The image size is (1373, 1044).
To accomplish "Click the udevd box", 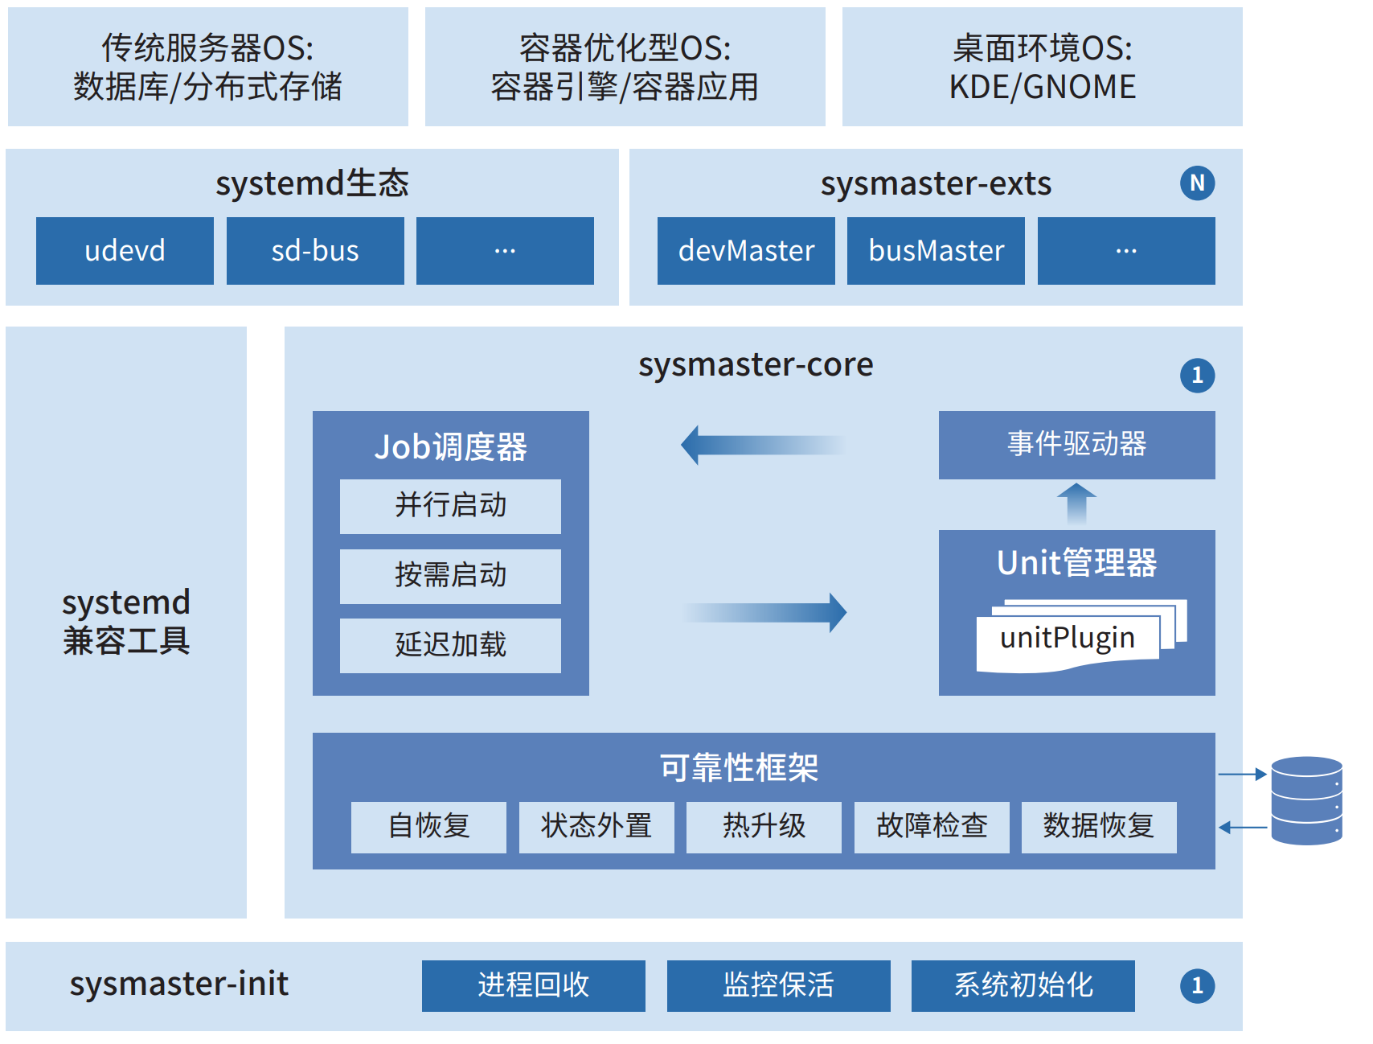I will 125,251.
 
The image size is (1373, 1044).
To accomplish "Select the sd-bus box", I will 315,251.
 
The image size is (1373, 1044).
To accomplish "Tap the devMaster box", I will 746,251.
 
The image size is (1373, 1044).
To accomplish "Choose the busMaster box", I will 936,251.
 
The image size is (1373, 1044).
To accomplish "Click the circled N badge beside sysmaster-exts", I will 1197,183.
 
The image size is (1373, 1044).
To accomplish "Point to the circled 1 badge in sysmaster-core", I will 1197,376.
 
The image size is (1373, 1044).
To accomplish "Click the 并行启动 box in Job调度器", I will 450,506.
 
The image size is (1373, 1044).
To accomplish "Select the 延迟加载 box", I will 450,645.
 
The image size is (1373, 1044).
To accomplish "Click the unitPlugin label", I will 1067,639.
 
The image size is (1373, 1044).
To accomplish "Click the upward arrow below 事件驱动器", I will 1076,504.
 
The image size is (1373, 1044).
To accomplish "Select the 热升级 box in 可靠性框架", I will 764,827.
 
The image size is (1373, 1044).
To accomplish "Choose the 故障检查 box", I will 931,827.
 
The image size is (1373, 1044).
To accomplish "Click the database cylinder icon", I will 1306,800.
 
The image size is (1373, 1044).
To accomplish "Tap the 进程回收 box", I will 533,985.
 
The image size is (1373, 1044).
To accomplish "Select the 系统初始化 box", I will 1023,985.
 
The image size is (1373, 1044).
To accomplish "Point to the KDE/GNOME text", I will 1042,87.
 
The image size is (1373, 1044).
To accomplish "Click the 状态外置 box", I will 596,827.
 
